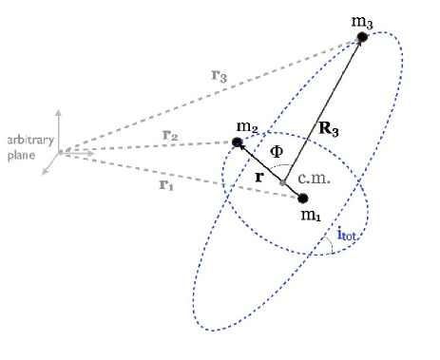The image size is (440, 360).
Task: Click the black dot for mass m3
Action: pyautogui.click(x=362, y=37)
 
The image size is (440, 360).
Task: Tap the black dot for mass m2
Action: pyautogui.click(x=238, y=142)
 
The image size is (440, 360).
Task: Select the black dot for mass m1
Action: pyautogui.click(x=304, y=199)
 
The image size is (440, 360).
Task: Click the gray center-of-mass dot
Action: pyautogui.click(x=282, y=182)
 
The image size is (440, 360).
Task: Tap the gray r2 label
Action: pyautogui.click(x=169, y=135)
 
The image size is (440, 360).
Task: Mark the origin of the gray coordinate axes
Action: pyautogui.click(x=60, y=151)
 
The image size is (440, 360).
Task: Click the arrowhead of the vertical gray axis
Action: pyautogui.click(x=60, y=112)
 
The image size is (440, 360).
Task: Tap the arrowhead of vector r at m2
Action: pyautogui.click(x=241, y=146)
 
